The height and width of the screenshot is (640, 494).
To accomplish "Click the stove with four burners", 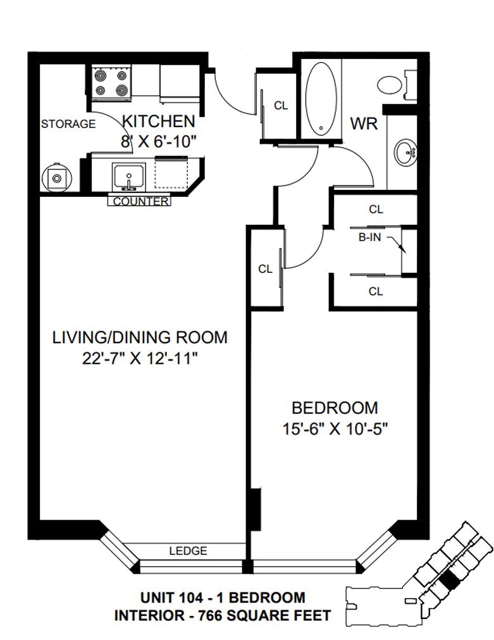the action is coord(111,83).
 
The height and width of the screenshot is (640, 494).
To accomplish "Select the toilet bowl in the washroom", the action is coord(390,85).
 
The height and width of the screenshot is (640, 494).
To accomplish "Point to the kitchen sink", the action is coord(128,177).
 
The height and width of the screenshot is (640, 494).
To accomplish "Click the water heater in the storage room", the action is coord(56,177).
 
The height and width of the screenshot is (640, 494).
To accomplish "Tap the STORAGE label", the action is coord(68,123).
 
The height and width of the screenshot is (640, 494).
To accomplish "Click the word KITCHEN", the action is coord(159,121).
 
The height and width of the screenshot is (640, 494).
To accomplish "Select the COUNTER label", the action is coord(140,201).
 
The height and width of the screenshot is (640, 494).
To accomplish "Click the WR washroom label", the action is coord(364,123).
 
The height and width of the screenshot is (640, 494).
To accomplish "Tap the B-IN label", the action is coord(369,237).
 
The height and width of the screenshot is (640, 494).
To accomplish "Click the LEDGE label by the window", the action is coord(188,551).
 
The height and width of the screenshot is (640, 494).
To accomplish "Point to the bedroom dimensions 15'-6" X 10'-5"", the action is coord(335,429).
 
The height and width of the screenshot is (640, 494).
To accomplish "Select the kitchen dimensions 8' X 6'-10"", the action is coord(159,142).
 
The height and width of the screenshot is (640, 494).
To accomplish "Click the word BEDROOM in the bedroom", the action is coord(335,408).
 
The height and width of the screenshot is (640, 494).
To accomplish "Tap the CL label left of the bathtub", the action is coord(281,106).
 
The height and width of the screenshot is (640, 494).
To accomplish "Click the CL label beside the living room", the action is coord(265,269).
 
